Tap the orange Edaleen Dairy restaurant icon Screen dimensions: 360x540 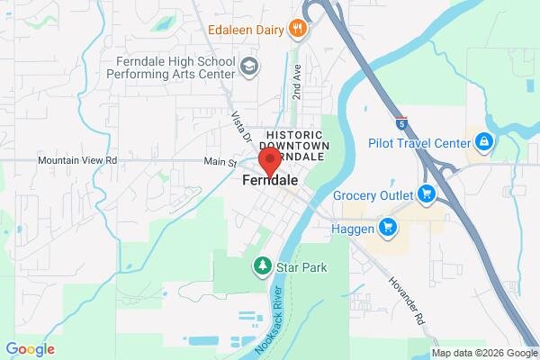pyautogui.click(x=299, y=29)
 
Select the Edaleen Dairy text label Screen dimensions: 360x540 pyautogui.click(x=245, y=29)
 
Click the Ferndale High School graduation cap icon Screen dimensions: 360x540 pyautogui.click(x=248, y=67)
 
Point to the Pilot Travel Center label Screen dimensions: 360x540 pyautogui.click(x=419, y=142)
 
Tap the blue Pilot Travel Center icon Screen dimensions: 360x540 pyautogui.click(x=484, y=142)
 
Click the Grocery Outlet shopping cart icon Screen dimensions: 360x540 pyautogui.click(x=426, y=193)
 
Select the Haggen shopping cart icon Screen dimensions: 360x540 pyautogui.click(x=388, y=226)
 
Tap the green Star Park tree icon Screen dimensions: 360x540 pyautogui.click(x=262, y=266)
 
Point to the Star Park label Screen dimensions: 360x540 pyautogui.click(x=301, y=267)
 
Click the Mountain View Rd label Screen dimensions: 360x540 pyautogui.click(x=77, y=160)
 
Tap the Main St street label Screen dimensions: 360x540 pyautogui.click(x=219, y=163)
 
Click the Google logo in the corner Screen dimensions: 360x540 pyautogui.click(x=30, y=349)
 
